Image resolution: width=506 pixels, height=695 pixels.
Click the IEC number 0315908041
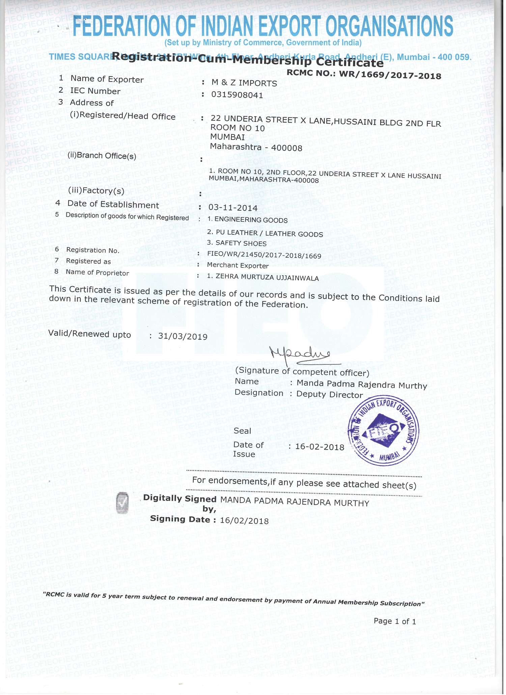coord(237,95)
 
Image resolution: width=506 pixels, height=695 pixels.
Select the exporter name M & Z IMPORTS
coord(244,83)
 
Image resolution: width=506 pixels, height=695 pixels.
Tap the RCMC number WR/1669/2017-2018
coord(390,74)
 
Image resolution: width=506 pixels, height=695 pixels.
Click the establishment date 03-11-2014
coord(233,208)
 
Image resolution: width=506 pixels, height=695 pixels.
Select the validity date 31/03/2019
coord(183,336)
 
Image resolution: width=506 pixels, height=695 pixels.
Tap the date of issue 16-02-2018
coord(320,447)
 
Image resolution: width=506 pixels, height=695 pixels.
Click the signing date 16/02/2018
coord(244,521)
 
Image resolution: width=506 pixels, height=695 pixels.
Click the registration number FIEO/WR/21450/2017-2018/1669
coord(264,256)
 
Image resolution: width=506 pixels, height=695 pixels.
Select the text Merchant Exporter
coord(238,266)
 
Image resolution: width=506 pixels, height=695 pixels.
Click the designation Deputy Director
coord(330,395)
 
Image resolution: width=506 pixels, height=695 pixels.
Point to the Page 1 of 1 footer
coord(395,621)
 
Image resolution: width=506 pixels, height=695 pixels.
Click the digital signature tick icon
coord(122,503)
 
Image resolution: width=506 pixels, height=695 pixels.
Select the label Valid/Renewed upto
coord(90,334)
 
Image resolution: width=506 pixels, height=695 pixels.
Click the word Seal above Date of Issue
coord(242,431)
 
